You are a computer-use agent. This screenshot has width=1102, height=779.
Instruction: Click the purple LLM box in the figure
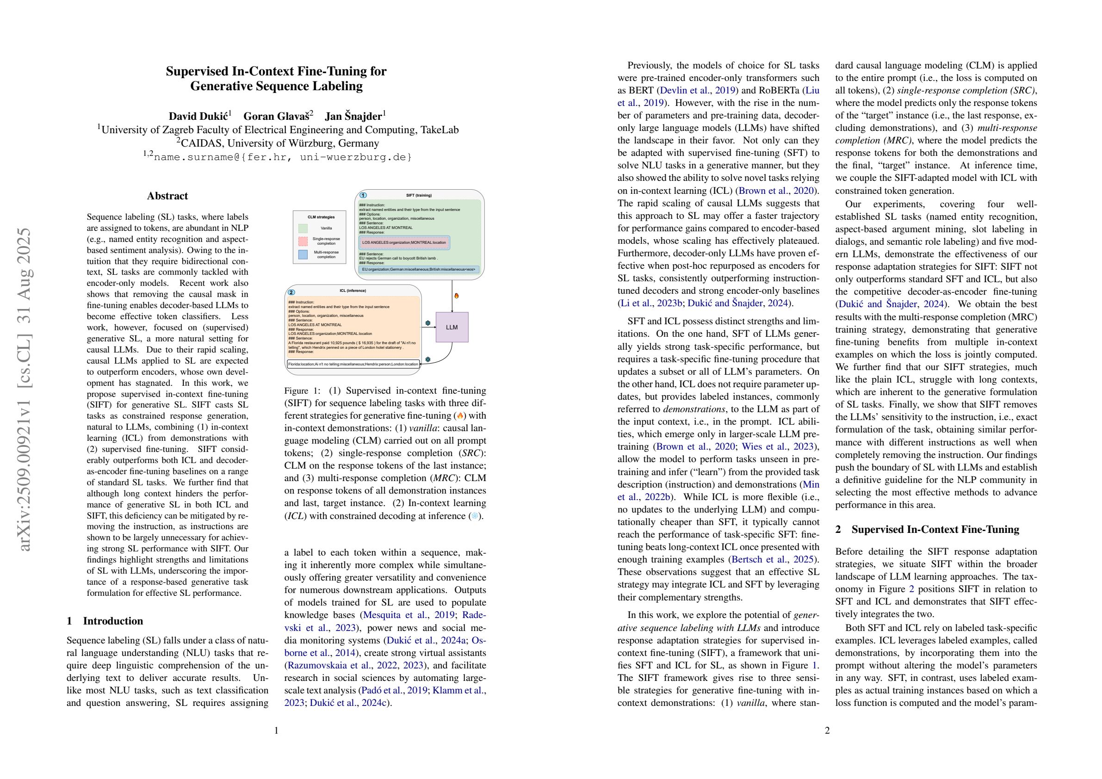coord(452,327)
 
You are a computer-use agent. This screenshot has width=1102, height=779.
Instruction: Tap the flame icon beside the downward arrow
coord(457,296)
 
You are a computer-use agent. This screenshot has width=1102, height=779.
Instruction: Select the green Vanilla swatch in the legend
coord(303,228)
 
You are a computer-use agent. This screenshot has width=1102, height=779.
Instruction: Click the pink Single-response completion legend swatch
coord(303,241)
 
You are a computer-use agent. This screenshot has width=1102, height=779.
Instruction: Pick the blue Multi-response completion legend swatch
coord(303,254)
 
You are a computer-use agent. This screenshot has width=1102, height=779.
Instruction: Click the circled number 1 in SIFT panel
coord(363,195)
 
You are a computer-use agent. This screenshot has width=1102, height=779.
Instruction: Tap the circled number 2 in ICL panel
coord(291,292)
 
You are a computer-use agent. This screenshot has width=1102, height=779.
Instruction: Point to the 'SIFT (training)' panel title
coord(419,195)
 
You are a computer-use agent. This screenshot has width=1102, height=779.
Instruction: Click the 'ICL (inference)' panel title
coord(353,291)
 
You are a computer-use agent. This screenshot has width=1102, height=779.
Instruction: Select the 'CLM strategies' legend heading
coord(321,217)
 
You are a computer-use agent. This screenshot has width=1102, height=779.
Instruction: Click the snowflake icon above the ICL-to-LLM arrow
coord(427,323)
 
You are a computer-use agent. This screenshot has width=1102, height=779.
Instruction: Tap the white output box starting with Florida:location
coord(353,365)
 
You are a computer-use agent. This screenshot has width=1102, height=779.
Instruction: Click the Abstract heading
coord(167,196)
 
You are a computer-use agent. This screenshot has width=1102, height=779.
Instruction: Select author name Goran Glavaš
coord(278,116)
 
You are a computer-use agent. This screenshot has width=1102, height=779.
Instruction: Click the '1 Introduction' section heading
coord(105,621)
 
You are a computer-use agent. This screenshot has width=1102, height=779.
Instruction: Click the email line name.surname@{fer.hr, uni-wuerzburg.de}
coord(277,156)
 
